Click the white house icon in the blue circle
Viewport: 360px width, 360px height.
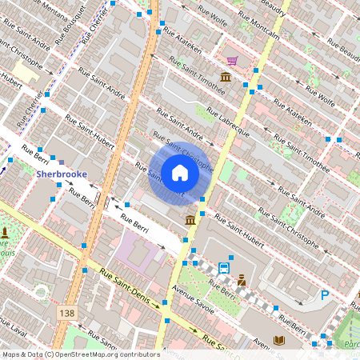[x=179, y=172]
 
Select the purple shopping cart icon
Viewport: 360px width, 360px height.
[x=232, y=61]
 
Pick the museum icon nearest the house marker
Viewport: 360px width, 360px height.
[x=190, y=220]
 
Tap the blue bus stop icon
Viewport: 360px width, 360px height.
[x=225, y=268]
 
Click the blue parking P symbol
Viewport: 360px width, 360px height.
[x=325, y=295]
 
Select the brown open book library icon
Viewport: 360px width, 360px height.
[x=278, y=340]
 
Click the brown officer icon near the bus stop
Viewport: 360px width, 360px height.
[x=240, y=281]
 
